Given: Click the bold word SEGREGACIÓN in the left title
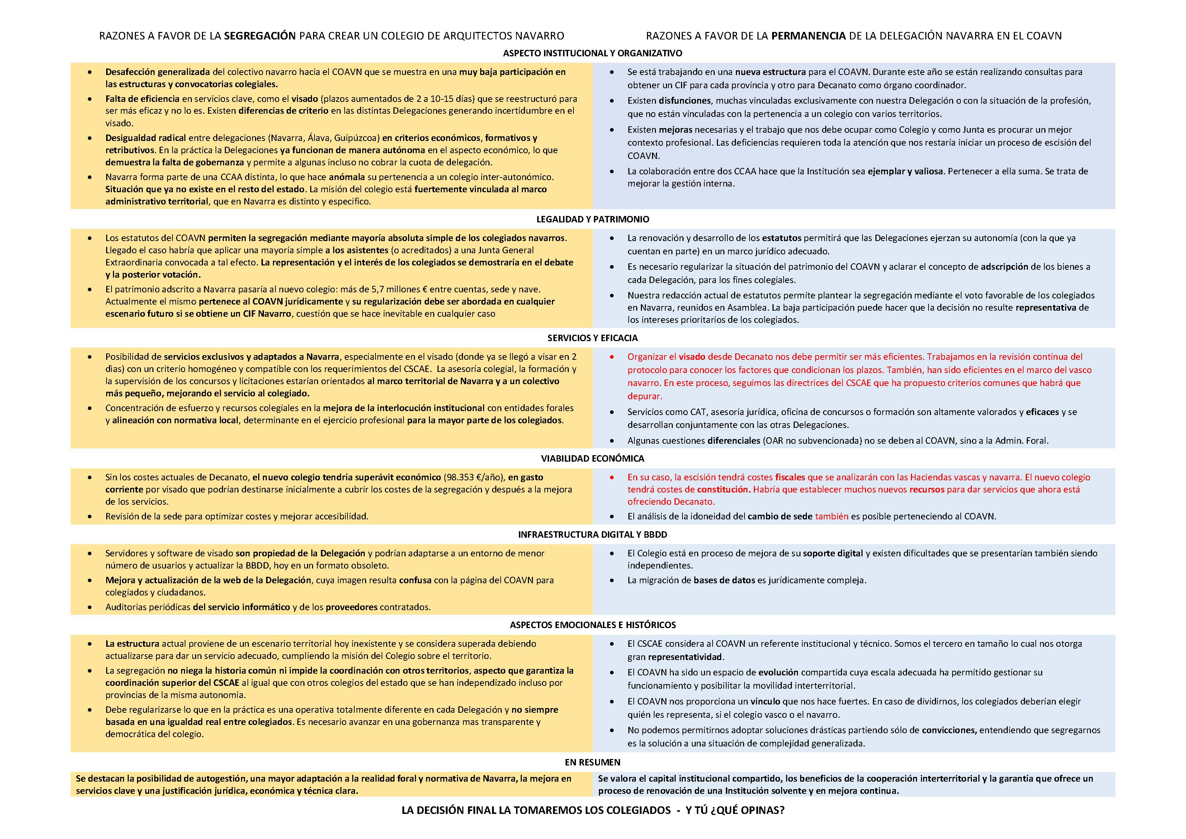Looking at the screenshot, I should click(x=260, y=36).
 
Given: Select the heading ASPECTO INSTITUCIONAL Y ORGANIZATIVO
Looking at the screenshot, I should click(x=592, y=53).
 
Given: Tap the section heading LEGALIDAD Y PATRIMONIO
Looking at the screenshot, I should click(x=592, y=219).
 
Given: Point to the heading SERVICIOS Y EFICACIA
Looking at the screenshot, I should click(x=592, y=338).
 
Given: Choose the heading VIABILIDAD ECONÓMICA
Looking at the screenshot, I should click(x=592, y=458).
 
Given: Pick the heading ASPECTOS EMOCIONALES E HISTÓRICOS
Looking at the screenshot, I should click(x=592, y=624).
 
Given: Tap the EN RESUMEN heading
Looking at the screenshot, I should click(x=592, y=762).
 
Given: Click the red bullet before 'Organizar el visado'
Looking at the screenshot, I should click(x=612, y=357).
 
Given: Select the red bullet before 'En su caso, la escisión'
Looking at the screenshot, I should click(x=612, y=477).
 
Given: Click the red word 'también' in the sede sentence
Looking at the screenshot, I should click(x=832, y=516).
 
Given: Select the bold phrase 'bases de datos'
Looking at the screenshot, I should click(x=724, y=580).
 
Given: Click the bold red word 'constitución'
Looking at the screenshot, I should click(x=724, y=489).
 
